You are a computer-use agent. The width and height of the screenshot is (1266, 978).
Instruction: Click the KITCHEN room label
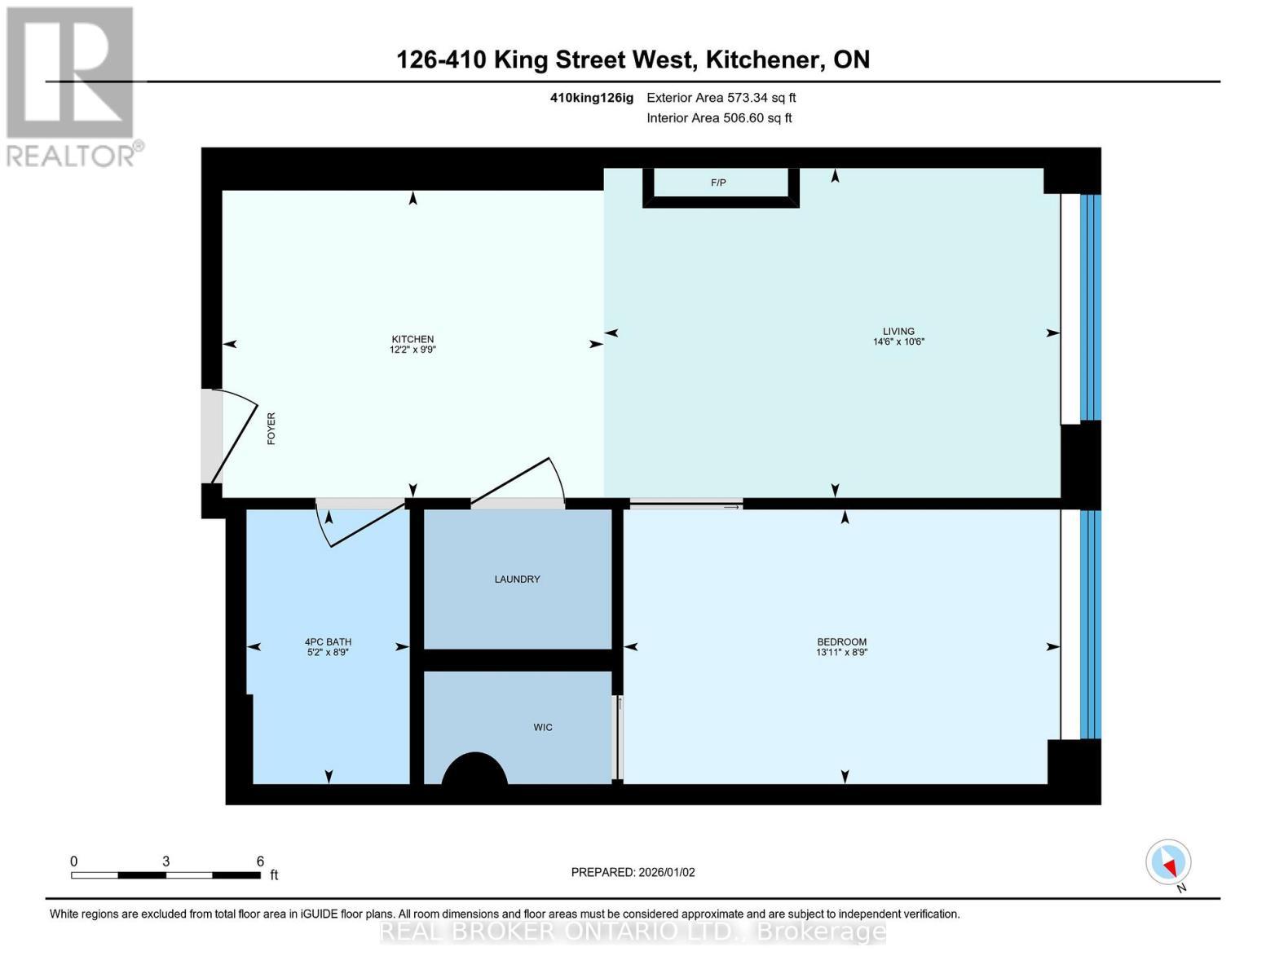tap(412, 339)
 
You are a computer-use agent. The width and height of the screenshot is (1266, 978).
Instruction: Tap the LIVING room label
tap(898, 331)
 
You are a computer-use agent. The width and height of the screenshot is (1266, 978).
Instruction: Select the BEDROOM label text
tap(841, 641)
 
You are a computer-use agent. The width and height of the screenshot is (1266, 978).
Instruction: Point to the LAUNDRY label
tap(517, 579)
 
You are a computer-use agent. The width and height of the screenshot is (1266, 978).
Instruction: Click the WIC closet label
tap(543, 727)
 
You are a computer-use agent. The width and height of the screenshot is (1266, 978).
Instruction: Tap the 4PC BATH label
tap(328, 641)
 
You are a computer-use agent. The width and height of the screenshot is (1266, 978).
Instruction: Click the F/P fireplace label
tap(718, 183)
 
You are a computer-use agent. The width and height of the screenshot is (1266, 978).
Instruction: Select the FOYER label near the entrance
tap(271, 428)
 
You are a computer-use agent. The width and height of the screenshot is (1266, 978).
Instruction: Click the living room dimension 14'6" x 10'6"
tap(898, 342)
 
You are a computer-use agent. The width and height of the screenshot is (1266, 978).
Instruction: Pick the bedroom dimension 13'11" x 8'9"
tap(841, 653)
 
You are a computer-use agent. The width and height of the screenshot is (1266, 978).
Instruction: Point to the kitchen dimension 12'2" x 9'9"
tap(412, 350)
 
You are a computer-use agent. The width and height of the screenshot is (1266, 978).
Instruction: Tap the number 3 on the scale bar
tap(165, 861)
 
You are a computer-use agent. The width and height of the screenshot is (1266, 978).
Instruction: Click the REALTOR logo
tap(72, 86)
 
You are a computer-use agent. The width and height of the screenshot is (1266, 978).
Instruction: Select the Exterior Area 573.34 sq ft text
tap(721, 98)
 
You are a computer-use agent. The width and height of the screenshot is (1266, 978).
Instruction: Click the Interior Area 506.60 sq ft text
tap(719, 118)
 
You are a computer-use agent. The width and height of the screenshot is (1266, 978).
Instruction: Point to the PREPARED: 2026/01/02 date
tap(633, 872)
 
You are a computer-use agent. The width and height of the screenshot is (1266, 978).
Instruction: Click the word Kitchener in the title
tap(764, 59)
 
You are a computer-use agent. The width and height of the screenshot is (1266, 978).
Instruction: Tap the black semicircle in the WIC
tap(474, 770)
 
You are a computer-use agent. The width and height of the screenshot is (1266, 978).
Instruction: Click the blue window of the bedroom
tap(1090, 623)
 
